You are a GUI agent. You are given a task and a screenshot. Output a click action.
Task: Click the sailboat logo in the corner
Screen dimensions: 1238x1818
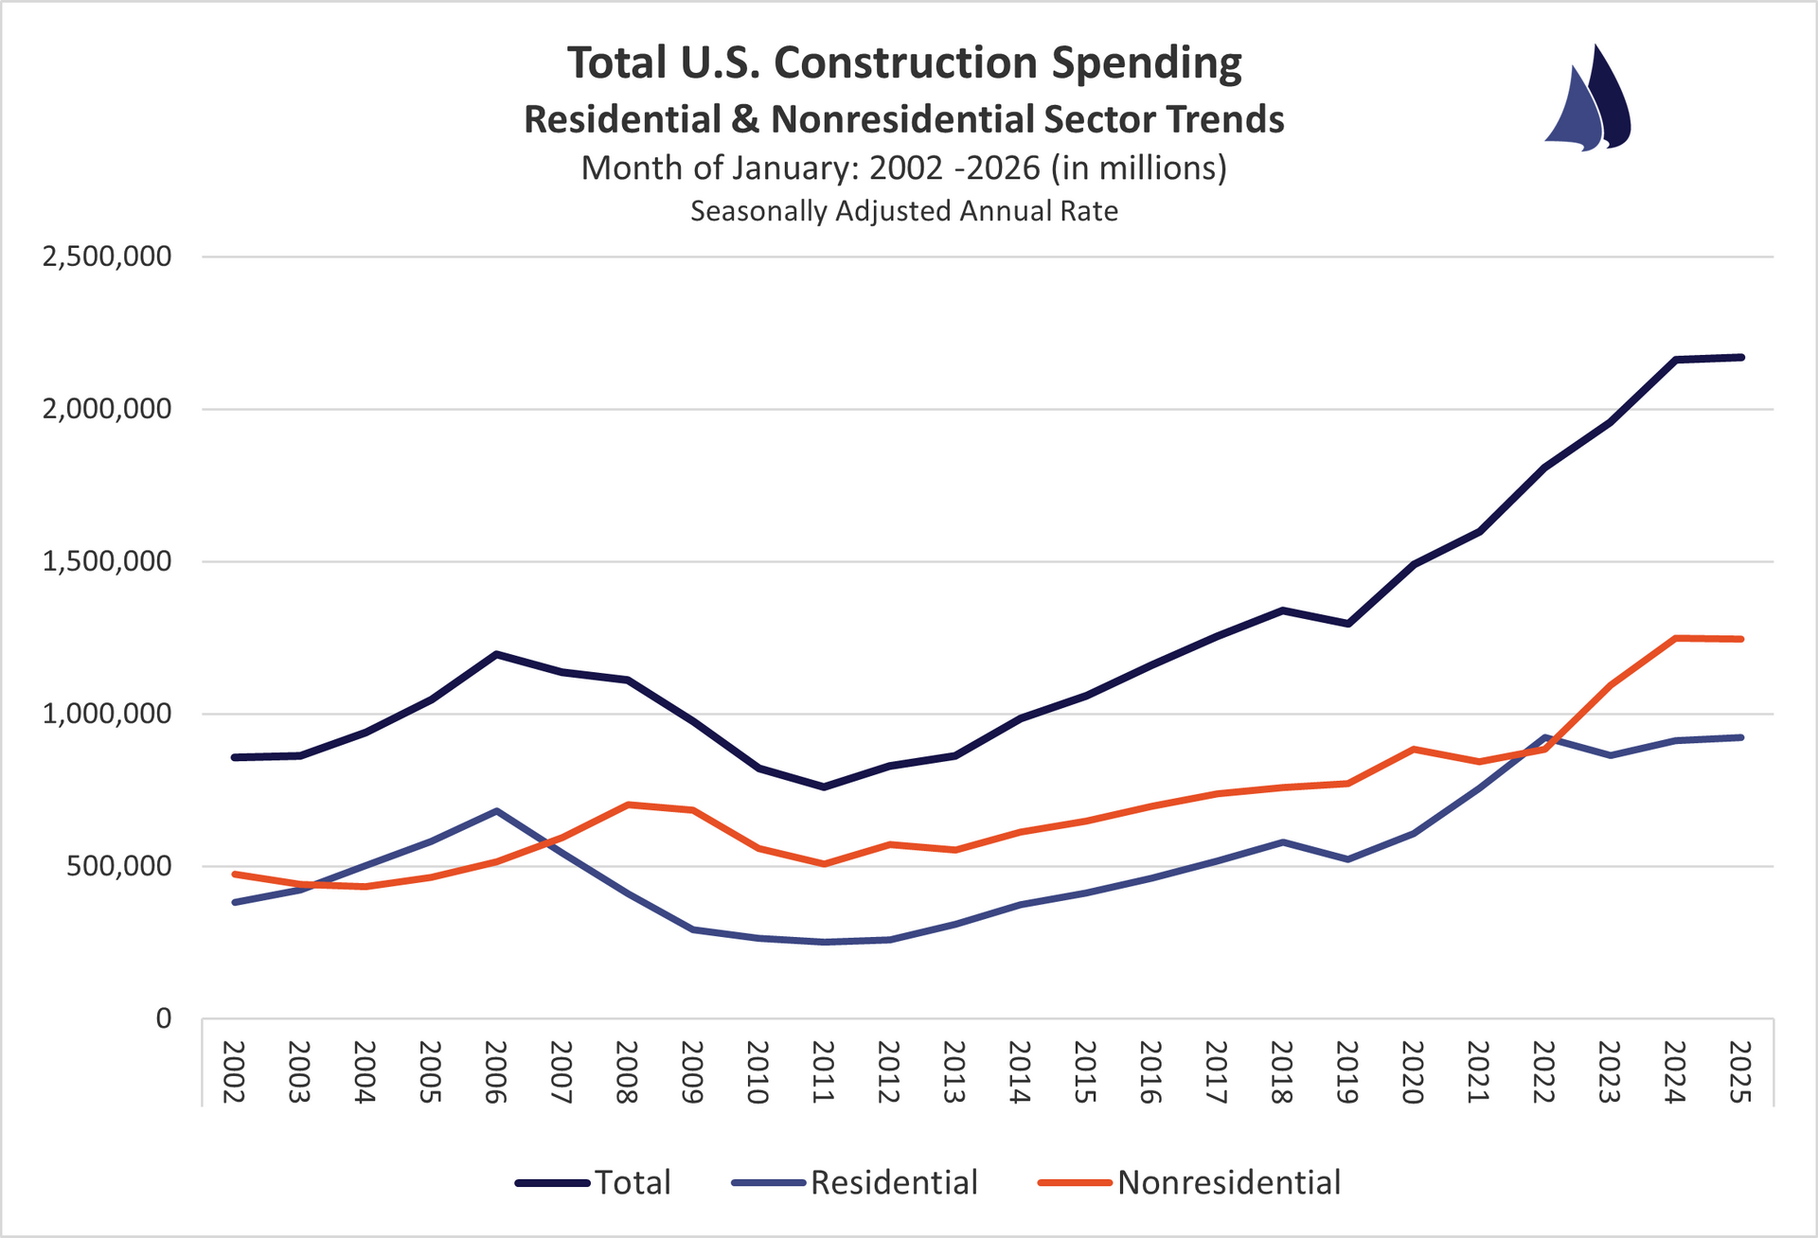(1588, 98)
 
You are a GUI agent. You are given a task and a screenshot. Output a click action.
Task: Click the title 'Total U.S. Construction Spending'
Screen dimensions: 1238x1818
(904, 63)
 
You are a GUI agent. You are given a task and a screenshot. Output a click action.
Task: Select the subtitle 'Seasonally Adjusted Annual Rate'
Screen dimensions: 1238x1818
(904, 211)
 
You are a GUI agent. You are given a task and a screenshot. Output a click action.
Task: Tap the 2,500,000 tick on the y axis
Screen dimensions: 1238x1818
(107, 256)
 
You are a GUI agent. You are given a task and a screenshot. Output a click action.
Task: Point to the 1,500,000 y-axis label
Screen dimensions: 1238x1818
(107, 561)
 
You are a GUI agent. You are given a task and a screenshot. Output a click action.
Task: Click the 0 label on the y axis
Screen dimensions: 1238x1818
(164, 1018)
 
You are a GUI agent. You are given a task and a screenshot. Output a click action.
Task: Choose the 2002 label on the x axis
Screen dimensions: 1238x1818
(234, 1071)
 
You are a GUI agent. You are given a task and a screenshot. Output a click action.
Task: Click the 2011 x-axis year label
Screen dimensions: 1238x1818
(823, 1071)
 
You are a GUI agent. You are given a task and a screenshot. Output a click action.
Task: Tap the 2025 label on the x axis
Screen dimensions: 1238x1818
(1740, 1071)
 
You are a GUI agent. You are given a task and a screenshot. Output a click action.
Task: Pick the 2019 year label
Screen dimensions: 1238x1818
(1347, 1071)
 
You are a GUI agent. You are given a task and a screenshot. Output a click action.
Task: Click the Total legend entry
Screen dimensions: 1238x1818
(595, 1182)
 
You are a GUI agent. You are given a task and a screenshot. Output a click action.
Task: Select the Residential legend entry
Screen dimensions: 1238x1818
(855, 1182)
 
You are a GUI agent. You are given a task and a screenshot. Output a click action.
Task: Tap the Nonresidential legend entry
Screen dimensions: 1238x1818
(1190, 1182)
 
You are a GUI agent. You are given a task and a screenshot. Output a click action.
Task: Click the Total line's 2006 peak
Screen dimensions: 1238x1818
(496, 654)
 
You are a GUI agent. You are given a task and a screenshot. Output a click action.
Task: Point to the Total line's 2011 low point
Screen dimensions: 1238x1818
(824, 787)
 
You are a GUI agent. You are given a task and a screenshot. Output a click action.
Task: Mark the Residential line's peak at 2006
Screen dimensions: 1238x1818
(496, 811)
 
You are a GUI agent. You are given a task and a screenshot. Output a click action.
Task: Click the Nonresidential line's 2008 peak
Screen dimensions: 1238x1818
(627, 805)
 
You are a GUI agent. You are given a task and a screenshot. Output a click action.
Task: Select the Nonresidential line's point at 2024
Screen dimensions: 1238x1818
(1675, 638)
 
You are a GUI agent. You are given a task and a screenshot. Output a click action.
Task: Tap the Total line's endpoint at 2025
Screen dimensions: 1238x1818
(1740, 357)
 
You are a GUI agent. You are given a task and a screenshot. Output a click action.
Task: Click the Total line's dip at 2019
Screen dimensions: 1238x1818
(1347, 623)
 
